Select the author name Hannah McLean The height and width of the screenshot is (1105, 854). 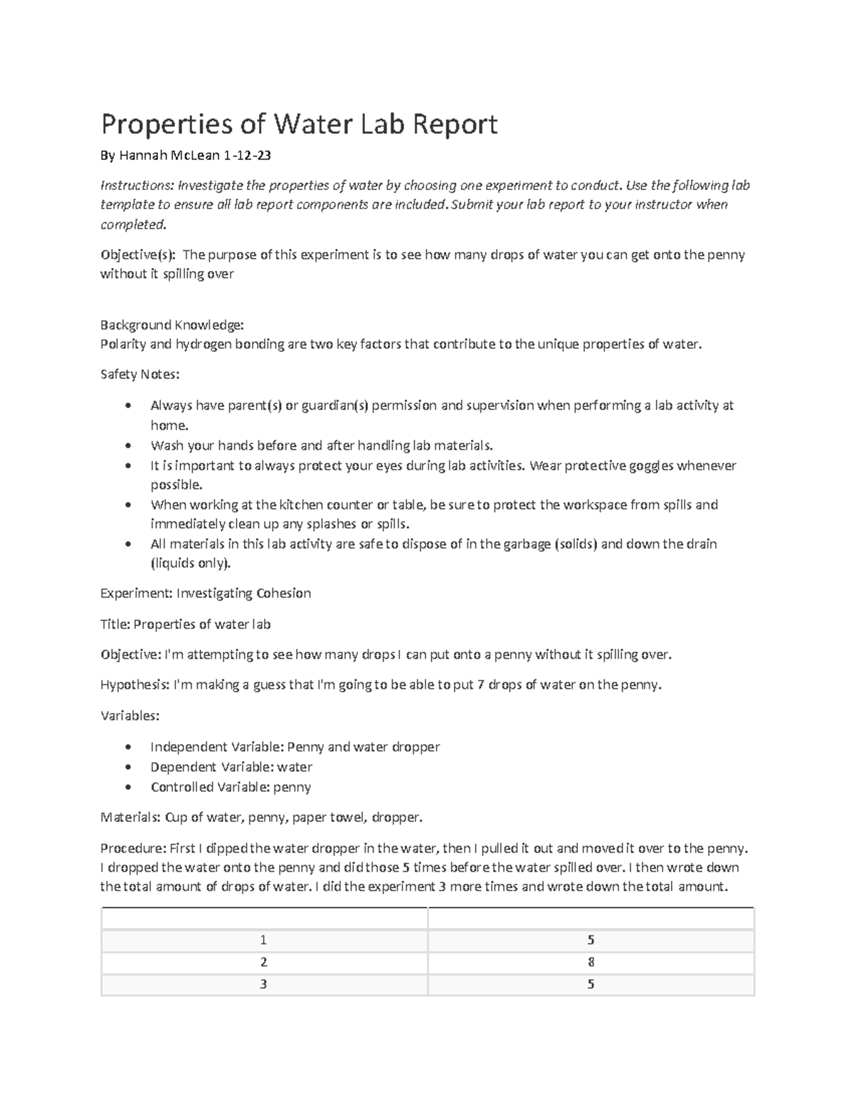coord(169,155)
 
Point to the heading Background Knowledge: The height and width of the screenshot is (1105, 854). coord(172,325)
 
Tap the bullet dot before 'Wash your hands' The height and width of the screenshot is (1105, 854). coord(127,446)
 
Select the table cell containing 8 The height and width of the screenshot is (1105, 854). coord(591,962)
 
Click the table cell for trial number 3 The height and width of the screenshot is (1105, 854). coord(264,984)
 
